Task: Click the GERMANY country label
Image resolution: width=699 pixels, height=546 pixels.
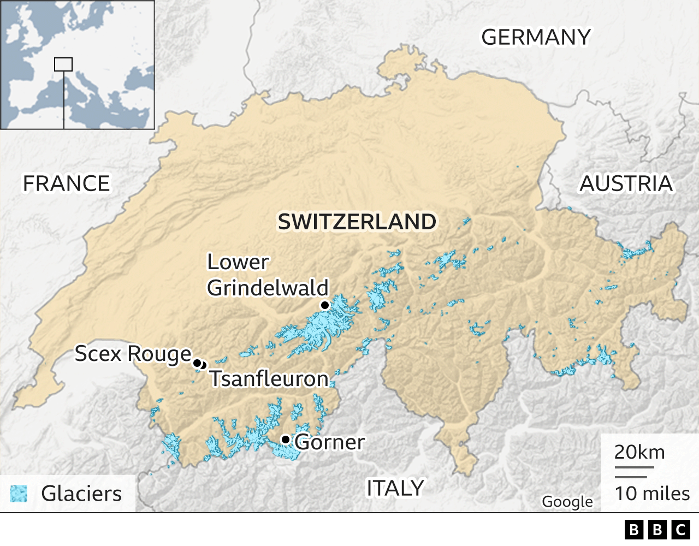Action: pos(535,37)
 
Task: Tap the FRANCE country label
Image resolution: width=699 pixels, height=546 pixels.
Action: pos(66,183)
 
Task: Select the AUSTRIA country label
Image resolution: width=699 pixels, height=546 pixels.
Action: pos(626,183)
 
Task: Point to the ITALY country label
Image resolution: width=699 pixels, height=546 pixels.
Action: pos(395,488)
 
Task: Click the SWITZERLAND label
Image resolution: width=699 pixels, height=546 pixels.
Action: pos(357,222)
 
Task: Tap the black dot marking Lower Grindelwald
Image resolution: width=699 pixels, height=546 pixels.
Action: pos(325,305)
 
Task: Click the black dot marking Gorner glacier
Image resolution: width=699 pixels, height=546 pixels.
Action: pos(285,440)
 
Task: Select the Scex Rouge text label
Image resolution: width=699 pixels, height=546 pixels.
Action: pos(133,354)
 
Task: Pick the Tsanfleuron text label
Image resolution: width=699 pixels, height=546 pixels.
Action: pos(269,379)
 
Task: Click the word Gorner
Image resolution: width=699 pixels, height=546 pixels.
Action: pos(330,442)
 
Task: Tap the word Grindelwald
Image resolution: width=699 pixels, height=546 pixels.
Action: pos(268,288)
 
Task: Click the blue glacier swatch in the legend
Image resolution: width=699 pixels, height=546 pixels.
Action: pos(19,494)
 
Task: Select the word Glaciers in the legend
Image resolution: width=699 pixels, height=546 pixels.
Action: pos(81,494)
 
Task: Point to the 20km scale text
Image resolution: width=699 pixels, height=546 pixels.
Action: pos(639,452)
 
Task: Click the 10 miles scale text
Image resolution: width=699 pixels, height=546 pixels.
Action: pos(652,494)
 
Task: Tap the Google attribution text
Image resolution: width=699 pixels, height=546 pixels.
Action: pos(567,501)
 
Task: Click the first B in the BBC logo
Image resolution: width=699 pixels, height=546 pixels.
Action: pos(634,530)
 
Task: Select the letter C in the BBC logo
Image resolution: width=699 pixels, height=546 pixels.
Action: pos(680,530)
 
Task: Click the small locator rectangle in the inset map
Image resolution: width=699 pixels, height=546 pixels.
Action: pos(63,64)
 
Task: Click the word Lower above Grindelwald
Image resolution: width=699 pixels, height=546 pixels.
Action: pos(238,262)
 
